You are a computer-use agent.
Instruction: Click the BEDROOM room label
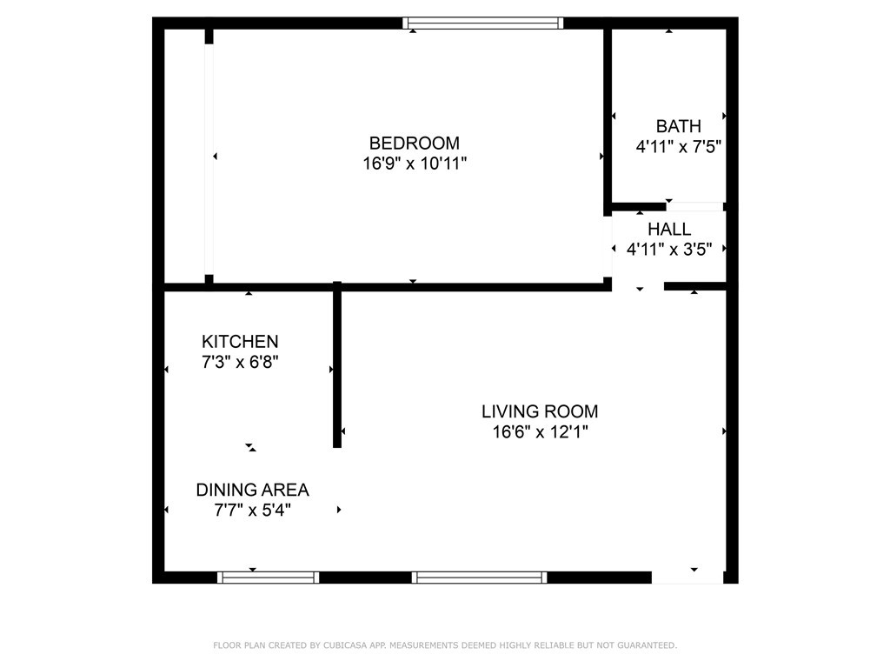(x=415, y=143)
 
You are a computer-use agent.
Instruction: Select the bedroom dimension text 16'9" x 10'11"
(x=415, y=163)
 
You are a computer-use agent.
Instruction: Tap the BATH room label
(x=678, y=127)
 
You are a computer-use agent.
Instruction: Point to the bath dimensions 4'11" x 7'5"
(x=679, y=147)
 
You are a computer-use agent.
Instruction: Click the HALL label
(x=669, y=230)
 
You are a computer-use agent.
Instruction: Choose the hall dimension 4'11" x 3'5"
(x=669, y=250)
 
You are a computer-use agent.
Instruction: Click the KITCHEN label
(x=240, y=342)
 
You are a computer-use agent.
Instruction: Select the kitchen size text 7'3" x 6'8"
(x=240, y=362)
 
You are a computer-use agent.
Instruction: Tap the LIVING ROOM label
(x=540, y=411)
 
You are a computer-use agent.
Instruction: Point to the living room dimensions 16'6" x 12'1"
(x=540, y=431)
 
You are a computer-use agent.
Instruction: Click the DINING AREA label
(x=252, y=490)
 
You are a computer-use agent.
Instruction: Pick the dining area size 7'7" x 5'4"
(x=252, y=511)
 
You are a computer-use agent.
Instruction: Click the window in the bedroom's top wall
(x=483, y=23)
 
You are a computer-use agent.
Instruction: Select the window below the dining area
(x=268, y=577)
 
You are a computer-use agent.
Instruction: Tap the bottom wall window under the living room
(x=479, y=577)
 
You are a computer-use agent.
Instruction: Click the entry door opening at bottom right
(x=687, y=577)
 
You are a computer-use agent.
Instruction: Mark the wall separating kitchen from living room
(x=337, y=365)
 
